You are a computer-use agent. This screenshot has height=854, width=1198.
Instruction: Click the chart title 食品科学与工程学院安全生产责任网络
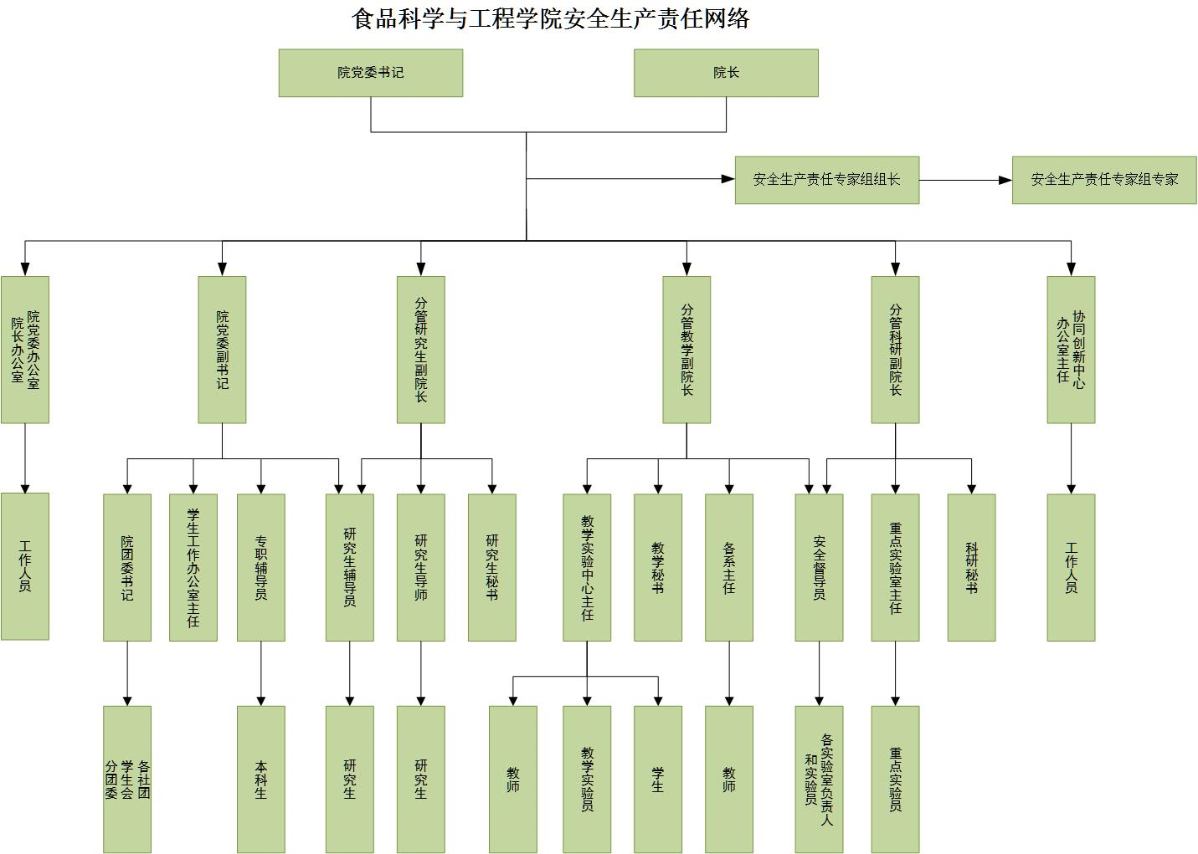click(550, 18)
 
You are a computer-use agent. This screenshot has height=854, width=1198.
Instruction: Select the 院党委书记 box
click(370, 73)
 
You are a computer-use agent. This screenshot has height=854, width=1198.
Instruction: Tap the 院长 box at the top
click(726, 73)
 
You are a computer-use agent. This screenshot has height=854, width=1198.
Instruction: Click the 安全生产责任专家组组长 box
click(826, 180)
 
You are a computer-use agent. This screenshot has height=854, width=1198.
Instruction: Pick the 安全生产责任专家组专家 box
click(1103, 180)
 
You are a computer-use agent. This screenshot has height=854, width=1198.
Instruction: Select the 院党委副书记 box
click(222, 350)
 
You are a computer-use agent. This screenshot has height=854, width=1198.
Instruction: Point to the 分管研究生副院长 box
click(420, 350)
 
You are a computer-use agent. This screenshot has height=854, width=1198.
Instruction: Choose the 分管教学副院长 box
click(686, 350)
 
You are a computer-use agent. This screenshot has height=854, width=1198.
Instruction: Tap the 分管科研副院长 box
click(895, 350)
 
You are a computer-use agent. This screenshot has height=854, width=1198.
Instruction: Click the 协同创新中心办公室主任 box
click(1071, 350)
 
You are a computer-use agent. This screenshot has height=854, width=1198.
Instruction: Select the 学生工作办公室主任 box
click(193, 567)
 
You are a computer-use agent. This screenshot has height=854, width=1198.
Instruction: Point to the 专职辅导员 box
click(261, 567)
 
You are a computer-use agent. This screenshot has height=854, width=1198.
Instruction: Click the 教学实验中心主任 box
click(587, 567)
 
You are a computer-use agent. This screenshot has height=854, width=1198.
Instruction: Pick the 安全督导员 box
click(819, 567)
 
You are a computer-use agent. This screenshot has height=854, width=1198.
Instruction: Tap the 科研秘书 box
click(971, 567)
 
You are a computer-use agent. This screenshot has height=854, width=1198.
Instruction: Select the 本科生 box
click(261, 779)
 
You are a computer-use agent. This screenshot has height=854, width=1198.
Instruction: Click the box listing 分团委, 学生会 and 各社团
click(127, 779)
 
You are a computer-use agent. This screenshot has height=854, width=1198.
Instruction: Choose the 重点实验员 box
click(895, 779)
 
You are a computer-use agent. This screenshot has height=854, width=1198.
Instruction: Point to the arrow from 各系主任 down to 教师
click(729, 673)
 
